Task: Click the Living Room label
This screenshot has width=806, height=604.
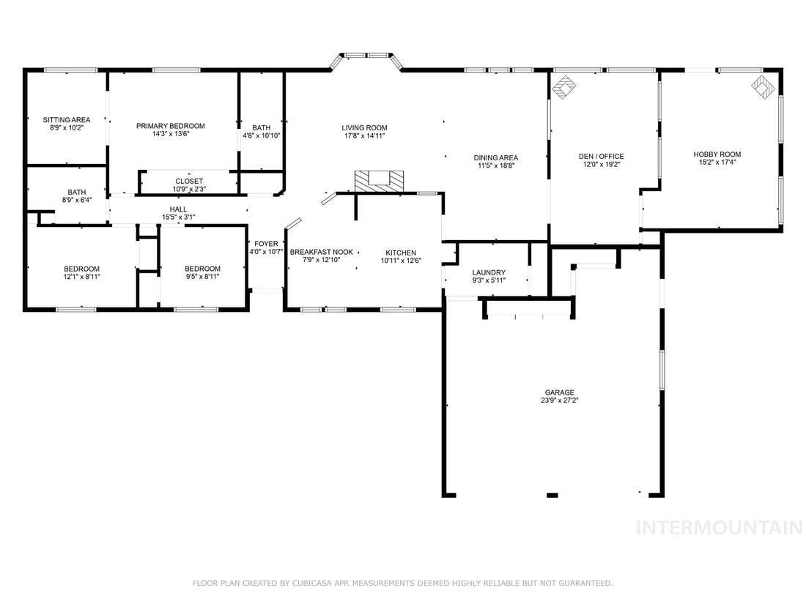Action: point(364,128)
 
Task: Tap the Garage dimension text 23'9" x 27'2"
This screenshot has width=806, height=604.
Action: point(559,400)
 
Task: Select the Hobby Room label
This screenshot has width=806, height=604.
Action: point(717,154)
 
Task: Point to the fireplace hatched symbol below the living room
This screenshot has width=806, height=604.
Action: point(379,182)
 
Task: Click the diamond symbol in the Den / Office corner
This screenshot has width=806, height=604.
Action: point(564,87)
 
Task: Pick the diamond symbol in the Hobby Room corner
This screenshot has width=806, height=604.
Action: point(763,87)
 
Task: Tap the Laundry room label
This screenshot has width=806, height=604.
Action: point(489,272)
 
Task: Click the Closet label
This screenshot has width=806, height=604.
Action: point(189,182)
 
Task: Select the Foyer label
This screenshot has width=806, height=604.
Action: point(266,244)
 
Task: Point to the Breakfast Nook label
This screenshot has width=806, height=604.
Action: point(322,252)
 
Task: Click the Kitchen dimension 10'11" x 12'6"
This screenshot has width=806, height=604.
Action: point(401,261)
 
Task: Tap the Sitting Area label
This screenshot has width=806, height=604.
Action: point(67,119)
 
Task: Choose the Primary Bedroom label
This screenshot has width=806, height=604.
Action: point(171,126)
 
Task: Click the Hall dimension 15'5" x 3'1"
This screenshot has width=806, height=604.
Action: point(178,217)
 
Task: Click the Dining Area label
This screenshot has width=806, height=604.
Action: point(496,157)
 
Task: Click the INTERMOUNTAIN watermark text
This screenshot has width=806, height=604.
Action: point(720,527)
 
